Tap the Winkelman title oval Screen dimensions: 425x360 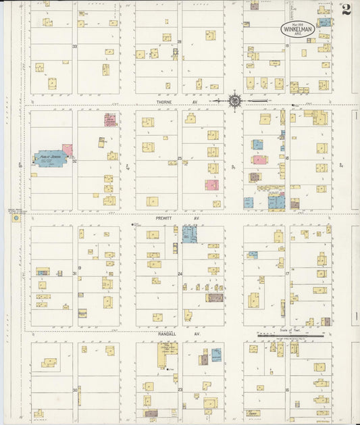click(x=297, y=30)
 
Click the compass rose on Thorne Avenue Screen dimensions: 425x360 click(x=234, y=101)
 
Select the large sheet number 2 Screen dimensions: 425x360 click(x=346, y=9)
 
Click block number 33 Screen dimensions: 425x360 click(x=75, y=46)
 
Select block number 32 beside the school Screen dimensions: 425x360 click(x=75, y=161)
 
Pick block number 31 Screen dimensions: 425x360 click(x=74, y=274)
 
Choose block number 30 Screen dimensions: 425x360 click(x=74, y=390)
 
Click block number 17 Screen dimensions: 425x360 click(x=287, y=274)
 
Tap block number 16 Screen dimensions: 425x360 click(x=287, y=390)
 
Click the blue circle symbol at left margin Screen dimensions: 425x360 click(x=16, y=218)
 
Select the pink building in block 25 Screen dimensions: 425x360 click(x=212, y=184)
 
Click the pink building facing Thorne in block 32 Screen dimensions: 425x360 click(x=109, y=120)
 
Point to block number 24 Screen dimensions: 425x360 click(x=180, y=274)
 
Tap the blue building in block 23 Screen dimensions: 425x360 click(x=216, y=355)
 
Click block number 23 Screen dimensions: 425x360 click(x=180, y=390)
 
